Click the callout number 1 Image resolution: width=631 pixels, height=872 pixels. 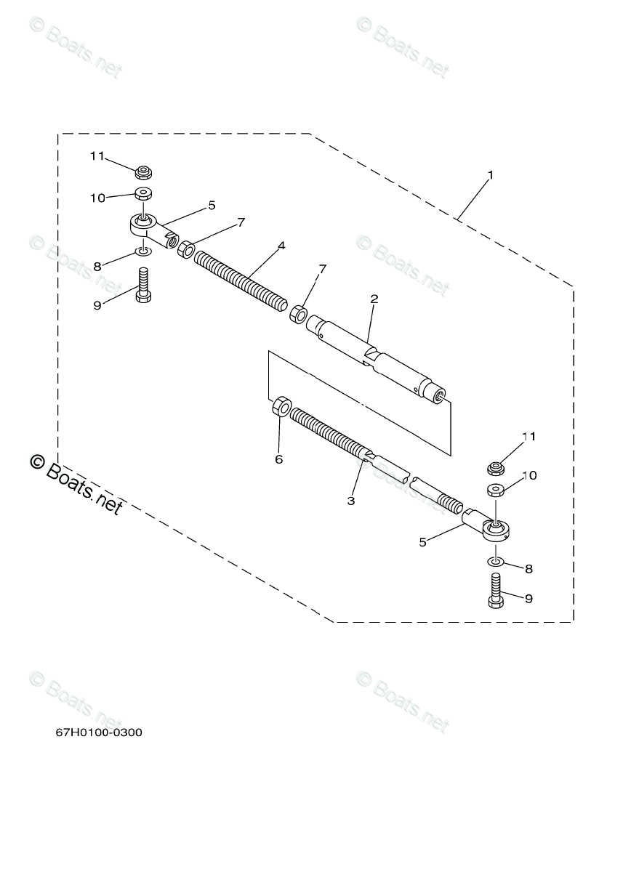pyautogui.click(x=491, y=175)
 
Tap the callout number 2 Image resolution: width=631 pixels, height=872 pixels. pyautogui.click(x=374, y=299)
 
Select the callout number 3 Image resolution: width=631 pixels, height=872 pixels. pyautogui.click(x=351, y=501)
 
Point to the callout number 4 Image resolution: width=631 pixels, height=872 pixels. pyautogui.click(x=281, y=246)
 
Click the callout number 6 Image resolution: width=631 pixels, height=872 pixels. pyautogui.click(x=278, y=459)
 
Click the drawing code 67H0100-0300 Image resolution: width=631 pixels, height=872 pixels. pyautogui.click(x=99, y=732)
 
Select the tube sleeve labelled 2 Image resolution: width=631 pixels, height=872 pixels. pyautogui.click(x=378, y=356)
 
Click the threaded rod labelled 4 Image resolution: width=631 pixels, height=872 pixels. pyautogui.click(x=240, y=280)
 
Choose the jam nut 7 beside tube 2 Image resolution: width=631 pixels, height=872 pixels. pyautogui.click(x=298, y=315)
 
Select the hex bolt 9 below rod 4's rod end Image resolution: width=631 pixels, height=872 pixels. pyautogui.click(x=142, y=286)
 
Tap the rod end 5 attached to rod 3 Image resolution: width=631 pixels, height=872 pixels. pyautogui.click(x=489, y=527)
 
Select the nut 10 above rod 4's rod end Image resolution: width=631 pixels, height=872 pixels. pyautogui.click(x=142, y=195)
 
